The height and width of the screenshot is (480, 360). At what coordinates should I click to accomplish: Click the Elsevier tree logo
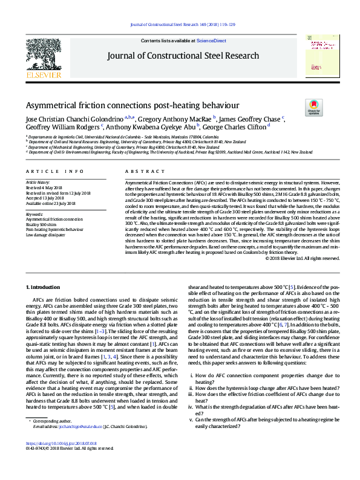click(43, 58)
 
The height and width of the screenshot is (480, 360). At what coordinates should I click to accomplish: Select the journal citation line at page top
click(180, 24)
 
